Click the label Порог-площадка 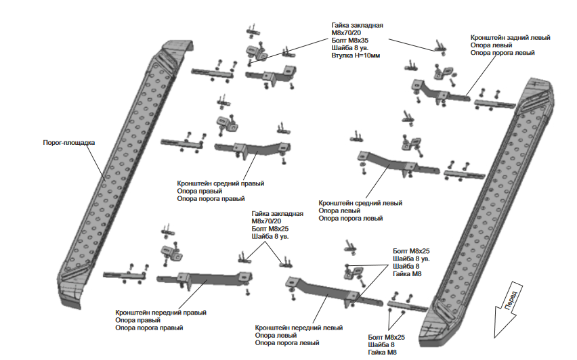pos(69,143)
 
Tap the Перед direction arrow pos(508,309)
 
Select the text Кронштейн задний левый pos(510,37)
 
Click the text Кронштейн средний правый pos(220,183)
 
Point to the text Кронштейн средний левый pos(360,203)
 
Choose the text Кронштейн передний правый pos(161,313)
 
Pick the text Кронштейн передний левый pos(299,328)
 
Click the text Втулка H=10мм pos(356,55)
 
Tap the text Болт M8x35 pos(349,41)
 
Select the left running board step pos(121,173)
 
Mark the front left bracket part pos(333,292)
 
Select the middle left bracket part pos(398,164)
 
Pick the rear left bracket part pos(440,92)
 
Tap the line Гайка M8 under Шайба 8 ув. pos(407,274)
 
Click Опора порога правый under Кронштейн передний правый pos(149,328)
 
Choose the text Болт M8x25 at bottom pos(386,337)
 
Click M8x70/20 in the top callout pos(346,32)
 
